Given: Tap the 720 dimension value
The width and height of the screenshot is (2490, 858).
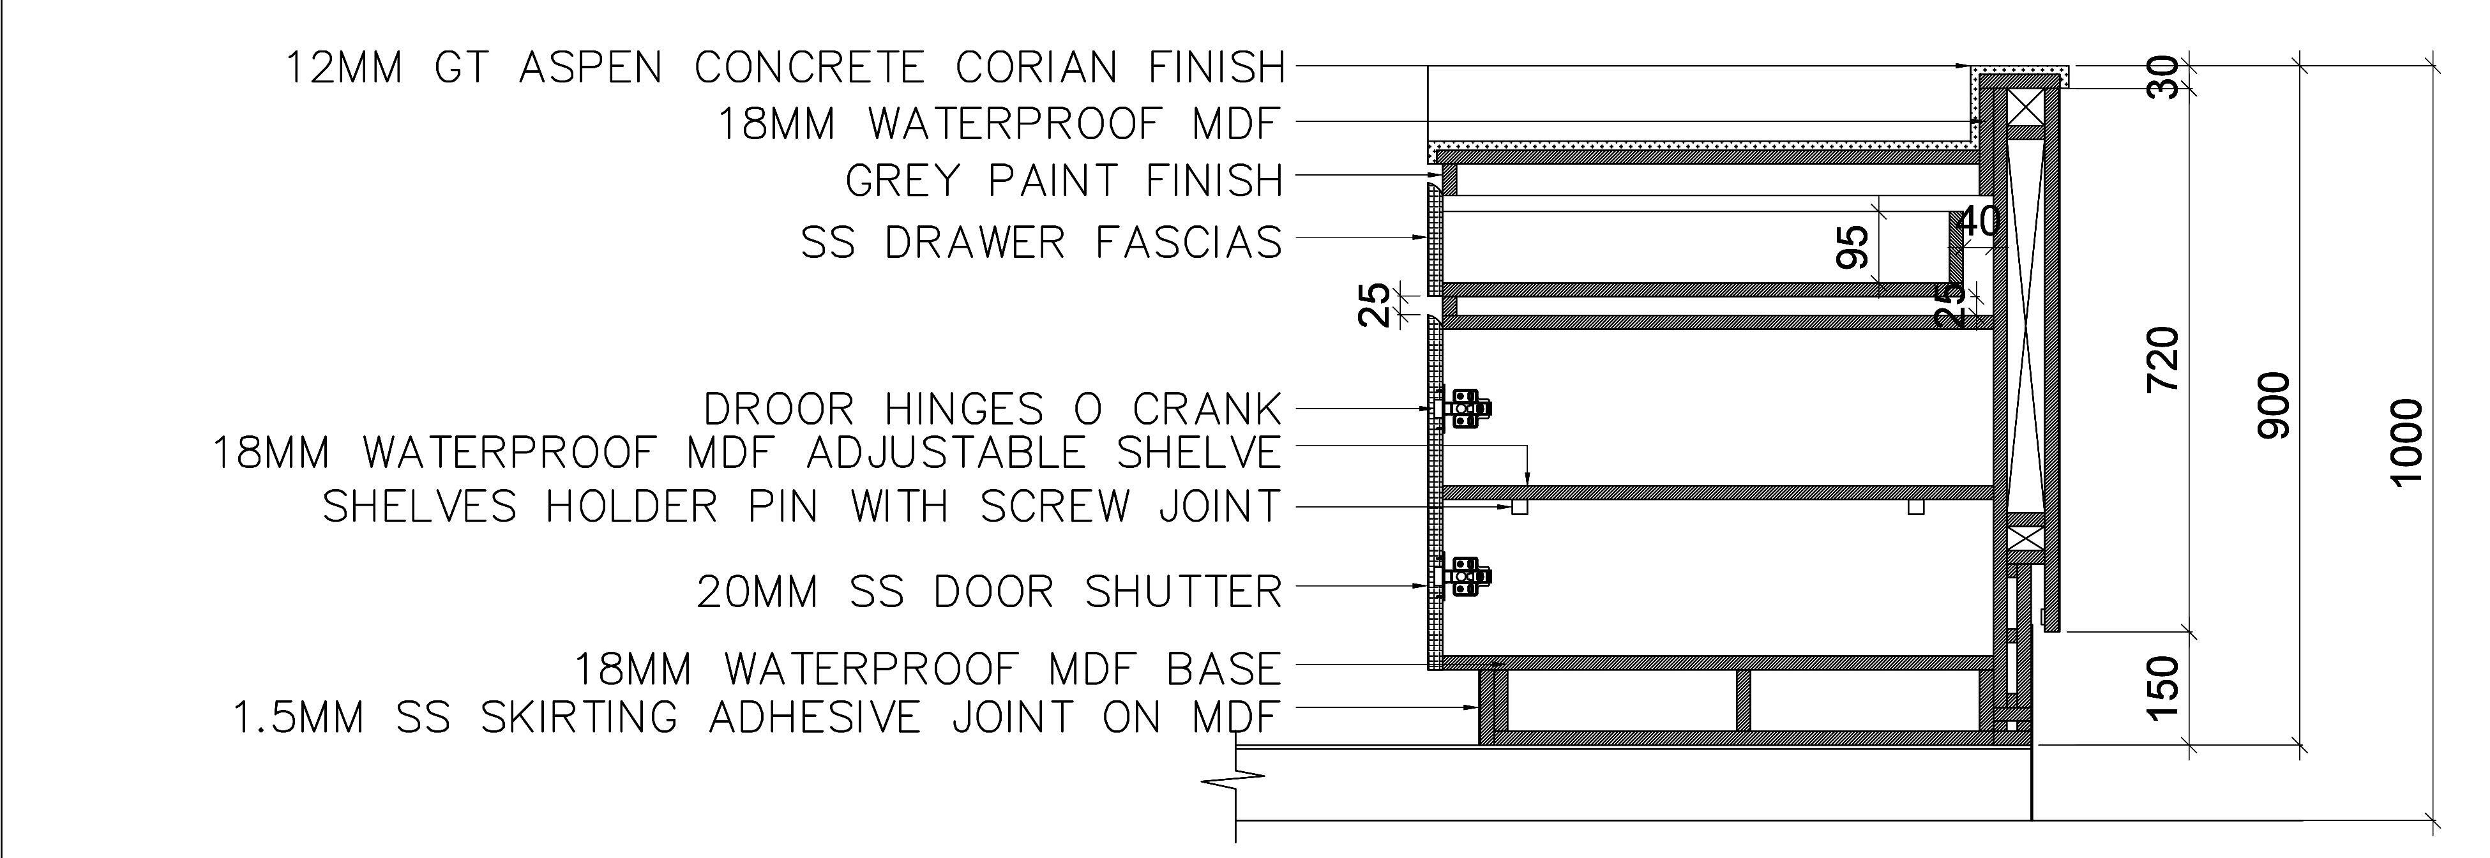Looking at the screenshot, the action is (2163, 359).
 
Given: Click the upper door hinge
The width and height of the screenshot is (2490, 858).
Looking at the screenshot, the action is (1465, 409).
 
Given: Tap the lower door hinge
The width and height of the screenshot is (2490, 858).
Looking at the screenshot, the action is (1465, 577).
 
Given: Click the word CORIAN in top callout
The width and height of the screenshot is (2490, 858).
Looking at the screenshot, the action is (1035, 68).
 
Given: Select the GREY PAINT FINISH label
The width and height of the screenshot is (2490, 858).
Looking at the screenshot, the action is (1063, 181).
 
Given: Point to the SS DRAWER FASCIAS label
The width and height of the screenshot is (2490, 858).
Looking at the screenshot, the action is (1041, 243).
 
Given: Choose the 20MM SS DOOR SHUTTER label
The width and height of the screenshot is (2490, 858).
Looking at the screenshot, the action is (989, 591).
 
